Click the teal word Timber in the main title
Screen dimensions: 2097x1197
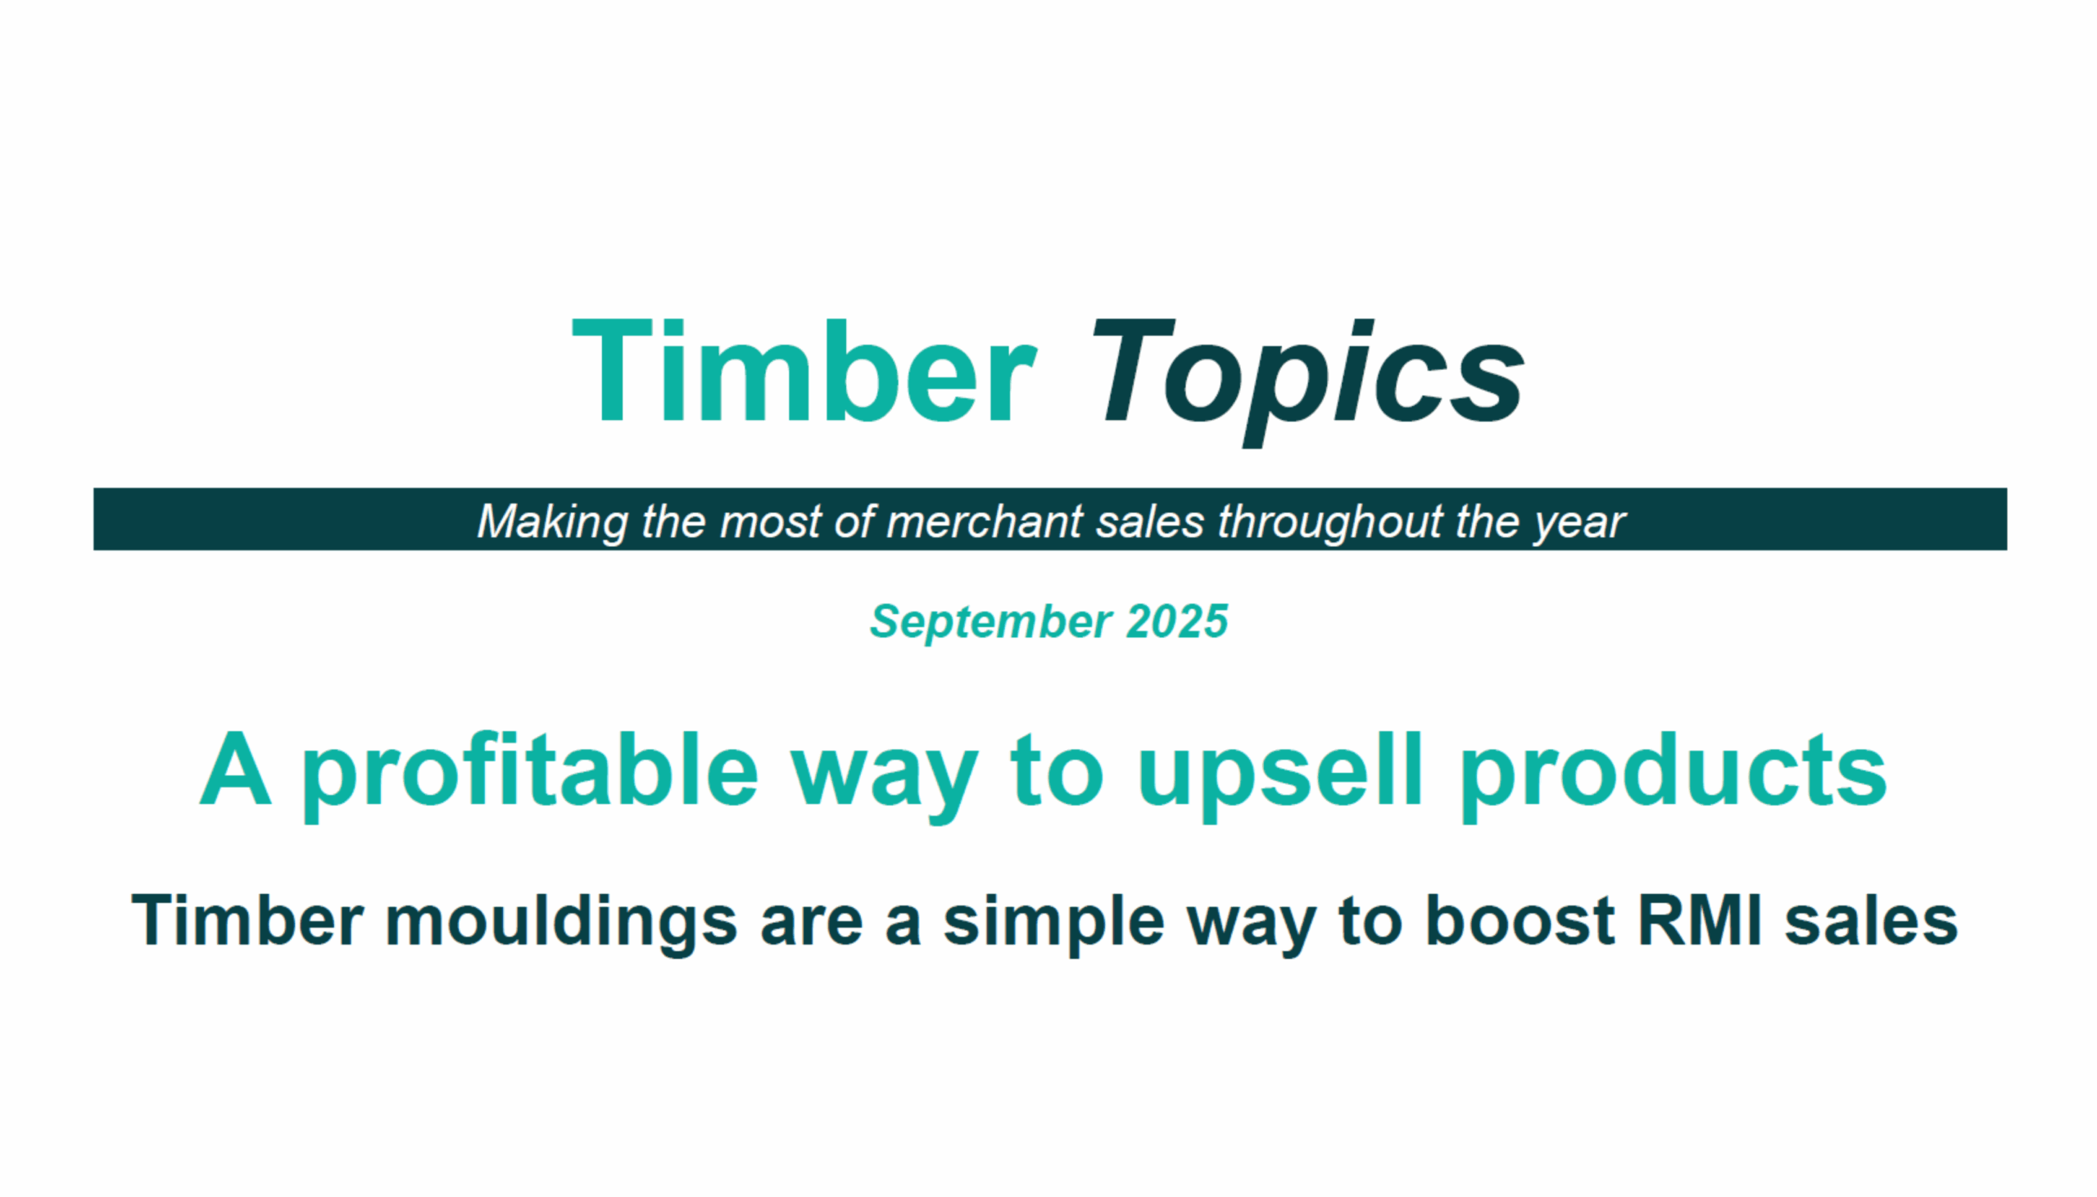point(804,372)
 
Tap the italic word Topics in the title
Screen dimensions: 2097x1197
point(1307,382)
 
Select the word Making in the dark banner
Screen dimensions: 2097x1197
point(553,522)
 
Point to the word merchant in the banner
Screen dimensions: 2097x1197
point(985,522)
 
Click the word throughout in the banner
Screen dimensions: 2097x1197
point(1329,522)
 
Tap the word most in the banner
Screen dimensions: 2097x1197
point(771,522)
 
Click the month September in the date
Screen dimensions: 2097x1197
point(991,622)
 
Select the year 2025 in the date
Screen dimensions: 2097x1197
point(1178,621)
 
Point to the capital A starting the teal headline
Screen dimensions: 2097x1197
point(235,769)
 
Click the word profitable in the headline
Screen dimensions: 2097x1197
point(530,775)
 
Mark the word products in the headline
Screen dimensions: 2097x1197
point(1674,775)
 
